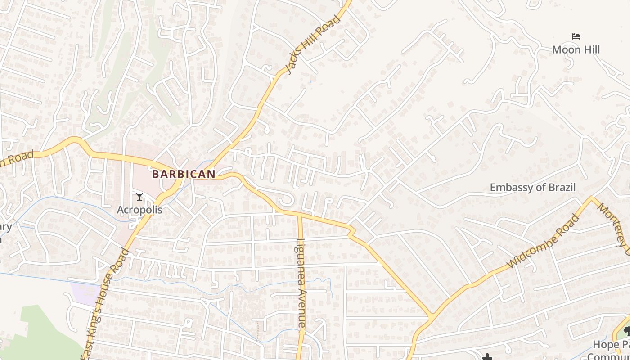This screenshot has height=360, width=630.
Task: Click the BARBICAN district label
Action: [x=184, y=174]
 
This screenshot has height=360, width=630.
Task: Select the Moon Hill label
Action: [x=576, y=49]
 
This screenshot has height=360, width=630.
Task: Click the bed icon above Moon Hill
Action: [x=576, y=36]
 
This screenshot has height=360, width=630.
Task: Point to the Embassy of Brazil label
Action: [x=532, y=187]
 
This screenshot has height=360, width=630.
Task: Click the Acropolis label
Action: [x=139, y=210]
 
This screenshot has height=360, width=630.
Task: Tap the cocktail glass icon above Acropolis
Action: [x=139, y=197]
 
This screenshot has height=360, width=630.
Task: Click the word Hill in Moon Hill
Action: [x=589, y=49]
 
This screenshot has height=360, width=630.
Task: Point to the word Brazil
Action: [x=561, y=187]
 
